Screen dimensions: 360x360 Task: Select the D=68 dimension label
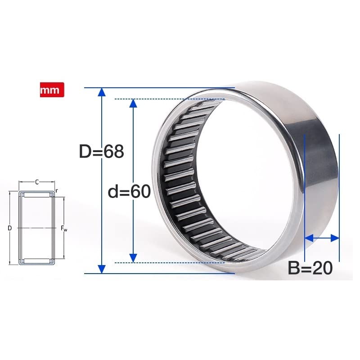click(101, 151)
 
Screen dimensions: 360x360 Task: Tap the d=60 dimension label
click(129, 192)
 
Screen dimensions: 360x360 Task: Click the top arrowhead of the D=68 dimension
click(102, 92)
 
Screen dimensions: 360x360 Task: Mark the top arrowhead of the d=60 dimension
click(133, 103)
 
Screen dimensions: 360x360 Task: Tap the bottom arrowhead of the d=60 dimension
click(133, 257)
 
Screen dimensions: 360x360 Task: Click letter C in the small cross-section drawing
click(37, 182)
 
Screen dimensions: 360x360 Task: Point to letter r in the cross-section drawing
click(57, 191)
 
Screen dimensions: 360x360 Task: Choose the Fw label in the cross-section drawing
click(64, 229)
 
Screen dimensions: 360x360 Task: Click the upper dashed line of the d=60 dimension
click(171, 99)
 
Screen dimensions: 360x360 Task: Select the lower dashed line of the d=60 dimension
click(171, 262)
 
